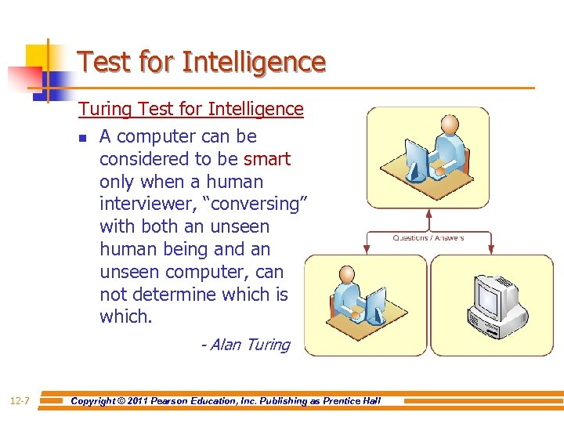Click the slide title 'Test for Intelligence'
[201, 62]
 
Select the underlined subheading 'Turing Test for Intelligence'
[190, 109]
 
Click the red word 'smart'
[266, 159]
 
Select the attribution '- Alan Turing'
[245, 345]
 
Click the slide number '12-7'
[20, 401]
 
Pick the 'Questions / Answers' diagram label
[428, 238]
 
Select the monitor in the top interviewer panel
[415, 157]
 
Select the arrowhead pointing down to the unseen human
[366, 250]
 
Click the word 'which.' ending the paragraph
[125, 317]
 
